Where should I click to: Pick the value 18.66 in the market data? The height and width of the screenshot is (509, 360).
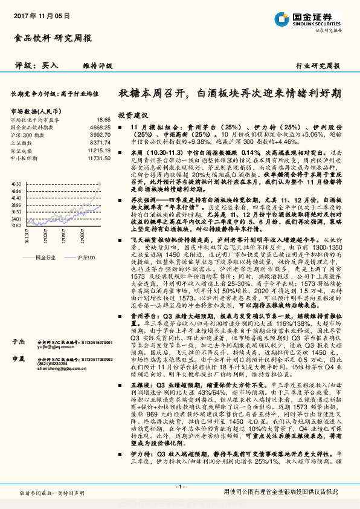pos(103,120)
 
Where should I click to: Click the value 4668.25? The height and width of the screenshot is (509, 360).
pos(100,128)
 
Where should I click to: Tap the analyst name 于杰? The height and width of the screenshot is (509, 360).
pos(17,341)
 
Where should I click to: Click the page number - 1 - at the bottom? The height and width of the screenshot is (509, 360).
pos(179,487)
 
